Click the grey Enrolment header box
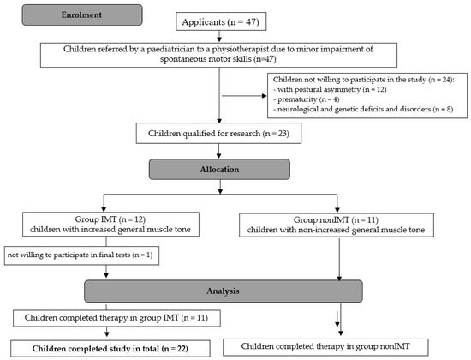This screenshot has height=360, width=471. click(x=82, y=15)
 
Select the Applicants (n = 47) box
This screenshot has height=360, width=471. click(x=221, y=21)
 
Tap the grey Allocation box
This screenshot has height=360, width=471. click(x=219, y=170)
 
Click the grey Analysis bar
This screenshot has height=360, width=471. click(x=224, y=291)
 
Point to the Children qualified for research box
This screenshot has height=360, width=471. click(x=218, y=133)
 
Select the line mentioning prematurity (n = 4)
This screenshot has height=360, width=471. click(x=307, y=99)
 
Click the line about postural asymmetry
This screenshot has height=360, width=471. click(x=330, y=89)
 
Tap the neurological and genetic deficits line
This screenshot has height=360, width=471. click(x=363, y=109)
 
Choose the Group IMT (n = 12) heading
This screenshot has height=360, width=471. click(x=110, y=219)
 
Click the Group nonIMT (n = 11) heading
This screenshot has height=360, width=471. click(x=336, y=219)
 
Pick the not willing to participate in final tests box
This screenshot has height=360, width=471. click(x=81, y=255)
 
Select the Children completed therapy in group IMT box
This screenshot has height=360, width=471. click(x=116, y=318)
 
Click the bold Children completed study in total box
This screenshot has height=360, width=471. click(x=110, y=349)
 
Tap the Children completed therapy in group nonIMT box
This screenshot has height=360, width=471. click(x=325, y=347)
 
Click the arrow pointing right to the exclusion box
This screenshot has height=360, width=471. click(x=244, y=96)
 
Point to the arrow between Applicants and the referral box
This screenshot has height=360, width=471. click(x=219, y=36)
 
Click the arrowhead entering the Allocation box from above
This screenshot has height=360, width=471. click(x=218, y=156)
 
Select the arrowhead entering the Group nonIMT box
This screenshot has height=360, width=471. click(x=337, y=209)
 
